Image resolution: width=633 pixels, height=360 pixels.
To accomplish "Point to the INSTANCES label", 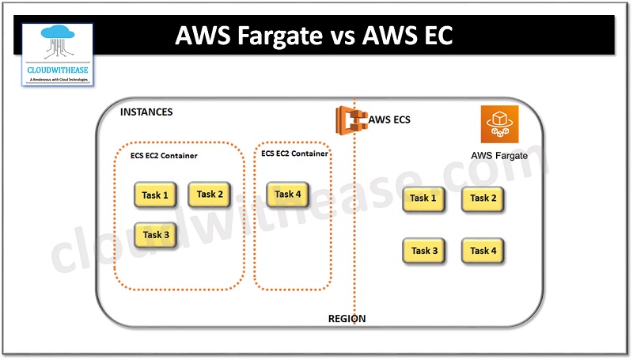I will click(x=146, y=112).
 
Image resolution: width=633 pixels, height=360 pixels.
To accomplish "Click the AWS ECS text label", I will click(x=389, y=120).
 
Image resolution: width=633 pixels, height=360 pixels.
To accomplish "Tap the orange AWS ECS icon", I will click(x=350, y=120).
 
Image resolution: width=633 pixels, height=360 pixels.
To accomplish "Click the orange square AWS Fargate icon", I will click(x=498, y=125).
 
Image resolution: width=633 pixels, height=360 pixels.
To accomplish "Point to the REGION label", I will click(x=347, y=319).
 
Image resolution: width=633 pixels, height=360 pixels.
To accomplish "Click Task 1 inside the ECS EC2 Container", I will click(x=155, y=195).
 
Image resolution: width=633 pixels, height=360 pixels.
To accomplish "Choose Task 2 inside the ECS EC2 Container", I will click(x=210, y=194).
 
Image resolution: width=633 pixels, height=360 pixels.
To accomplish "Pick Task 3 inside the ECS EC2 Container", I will click(x=156, y=235).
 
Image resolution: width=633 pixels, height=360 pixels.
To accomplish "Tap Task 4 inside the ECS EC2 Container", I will click(x=288, y=194).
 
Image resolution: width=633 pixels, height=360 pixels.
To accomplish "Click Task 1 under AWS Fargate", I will click(x=423, y=199).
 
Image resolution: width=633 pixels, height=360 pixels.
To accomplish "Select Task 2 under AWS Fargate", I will click(x=483, y=199).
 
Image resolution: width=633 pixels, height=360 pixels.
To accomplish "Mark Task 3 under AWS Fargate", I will click(x=424, y=251).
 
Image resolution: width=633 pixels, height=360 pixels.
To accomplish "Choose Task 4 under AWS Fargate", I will click(x=483, y=251).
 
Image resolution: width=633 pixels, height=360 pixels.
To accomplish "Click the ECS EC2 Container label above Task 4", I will click(x=294, y=153).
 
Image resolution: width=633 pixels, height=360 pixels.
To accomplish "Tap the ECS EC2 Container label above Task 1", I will click(x=164, y=156).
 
